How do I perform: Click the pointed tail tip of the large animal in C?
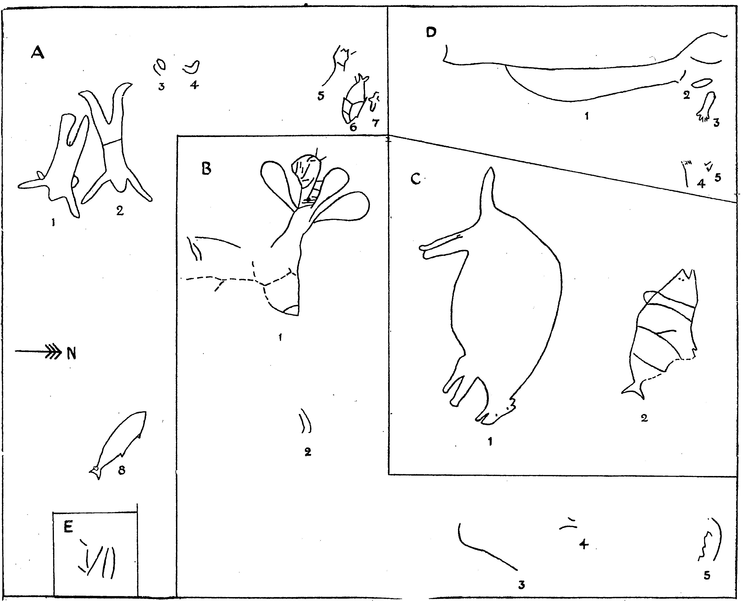coord(490,168)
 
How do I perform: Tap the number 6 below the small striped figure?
coord(353,127)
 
